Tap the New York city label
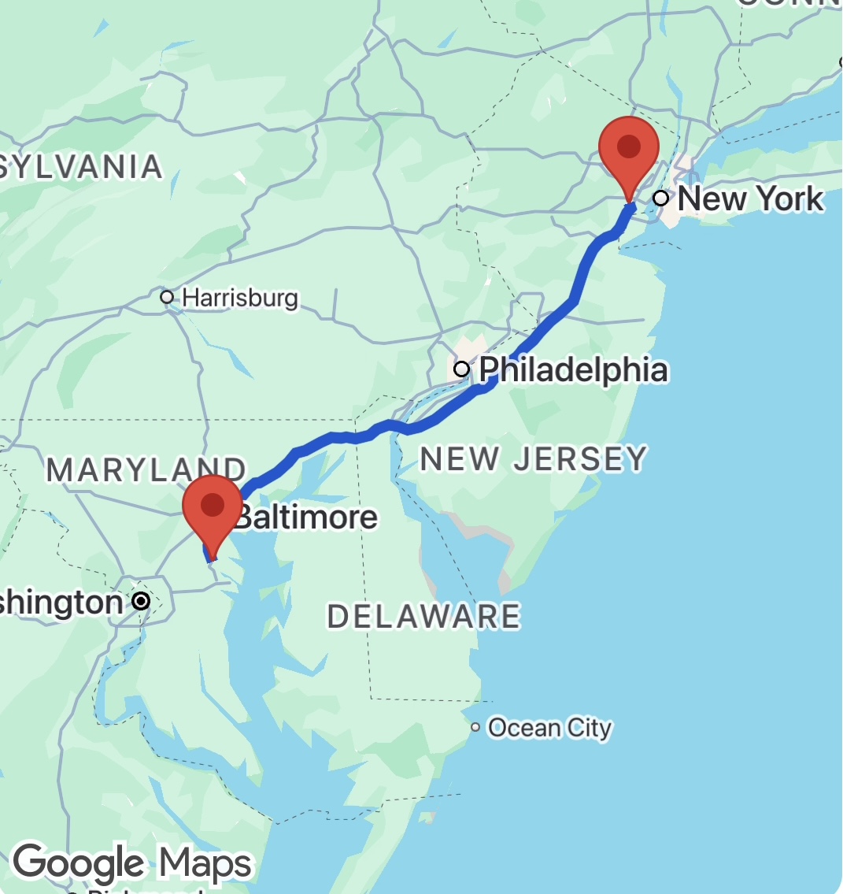750,198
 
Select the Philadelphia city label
573,369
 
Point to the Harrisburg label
240,298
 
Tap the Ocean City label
549,728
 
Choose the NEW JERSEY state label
534,458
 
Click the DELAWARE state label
423,617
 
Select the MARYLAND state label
146,469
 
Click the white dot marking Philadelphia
462,369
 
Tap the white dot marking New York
661,198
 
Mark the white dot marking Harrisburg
167,298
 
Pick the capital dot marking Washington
141,602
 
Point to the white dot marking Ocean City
475,727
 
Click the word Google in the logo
79,862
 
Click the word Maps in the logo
206,863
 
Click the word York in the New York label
789,198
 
